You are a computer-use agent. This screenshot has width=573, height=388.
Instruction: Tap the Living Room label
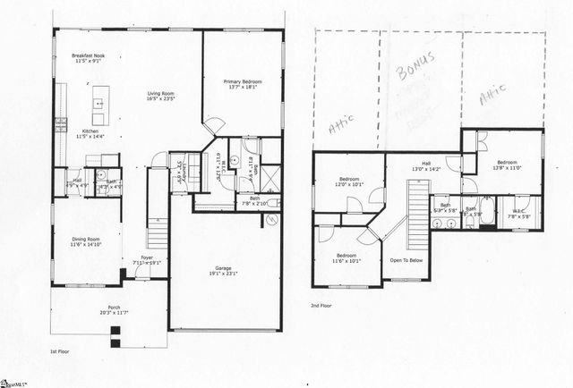[x=161, y=96]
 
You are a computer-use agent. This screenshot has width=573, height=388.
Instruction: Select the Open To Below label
[x=406, y=260]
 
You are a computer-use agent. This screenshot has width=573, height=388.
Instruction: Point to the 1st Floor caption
[x=60, y=350]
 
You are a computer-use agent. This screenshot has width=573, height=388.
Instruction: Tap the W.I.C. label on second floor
[x=519, y=214]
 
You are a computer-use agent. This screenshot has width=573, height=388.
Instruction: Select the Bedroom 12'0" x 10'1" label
[x=346, y=181]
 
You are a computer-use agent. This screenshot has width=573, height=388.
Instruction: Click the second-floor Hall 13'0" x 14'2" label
[x=425, y=165]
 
